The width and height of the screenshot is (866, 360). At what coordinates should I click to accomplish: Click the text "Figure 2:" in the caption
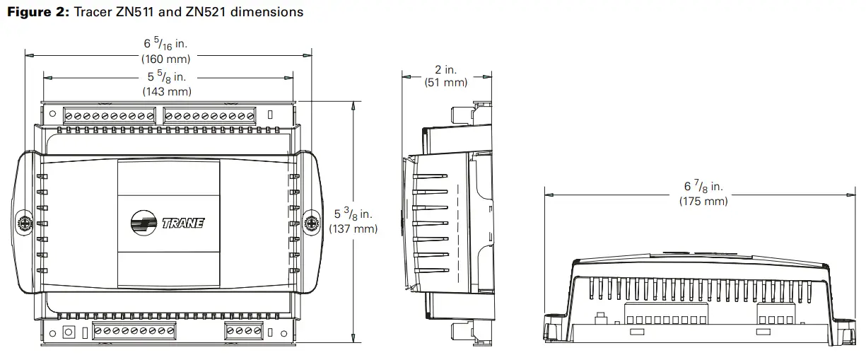pyautogui.click(x=35, y=12)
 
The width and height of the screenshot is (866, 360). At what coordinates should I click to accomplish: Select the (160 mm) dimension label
pyautogui.click(x=167, y=59)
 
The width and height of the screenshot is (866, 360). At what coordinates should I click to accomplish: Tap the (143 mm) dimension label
pyautogui.click(x=167, y=91)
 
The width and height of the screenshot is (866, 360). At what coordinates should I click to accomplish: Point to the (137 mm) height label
pyautogui.click(x=353, y=228)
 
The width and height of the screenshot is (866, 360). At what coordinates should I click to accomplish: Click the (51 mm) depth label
pyautogui.click(x=445, y=83)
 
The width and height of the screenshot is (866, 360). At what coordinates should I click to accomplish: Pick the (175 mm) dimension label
pyautogui.click(x=703, y=201)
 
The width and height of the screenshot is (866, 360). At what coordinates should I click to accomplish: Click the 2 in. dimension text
pyautogui.click(x=445, y=69)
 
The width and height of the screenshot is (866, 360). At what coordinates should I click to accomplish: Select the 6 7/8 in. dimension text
pyautogui.click(x=703, y=187)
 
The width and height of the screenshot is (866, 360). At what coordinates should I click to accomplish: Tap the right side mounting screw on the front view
pyautogui.click(x=310, y=223)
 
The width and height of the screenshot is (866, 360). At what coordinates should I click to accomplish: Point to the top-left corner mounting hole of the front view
pyautogui.click(x=52, y=114)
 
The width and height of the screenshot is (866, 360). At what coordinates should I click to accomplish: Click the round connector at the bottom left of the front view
pyautogui.click(x=69, y=332)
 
